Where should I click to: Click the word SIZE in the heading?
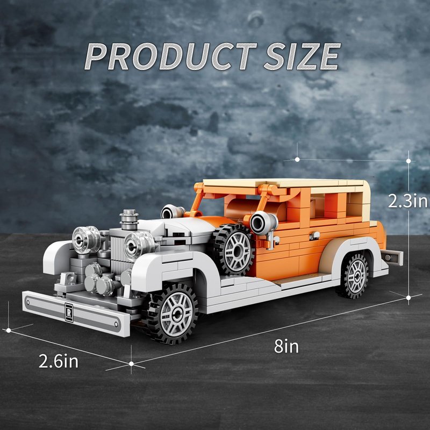pos(302,56)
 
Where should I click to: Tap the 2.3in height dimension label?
pos(408,201)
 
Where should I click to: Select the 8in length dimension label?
pos(286,346)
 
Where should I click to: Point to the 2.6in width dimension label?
pos(59,361)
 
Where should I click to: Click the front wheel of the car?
pos(172,313)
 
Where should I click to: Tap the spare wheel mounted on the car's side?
pos(234,249)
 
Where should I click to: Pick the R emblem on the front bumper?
pos(69,312)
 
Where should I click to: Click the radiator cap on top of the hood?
pos(129,219)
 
